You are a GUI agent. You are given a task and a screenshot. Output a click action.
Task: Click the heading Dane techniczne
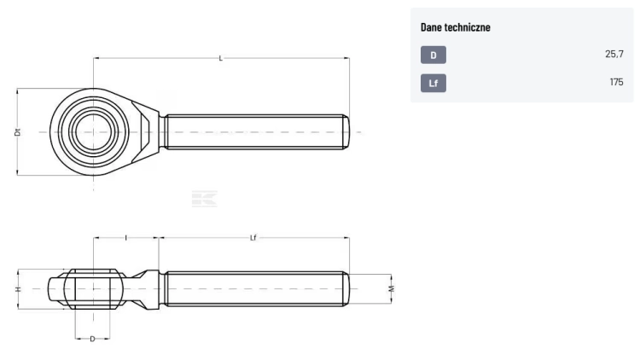coord(455,27)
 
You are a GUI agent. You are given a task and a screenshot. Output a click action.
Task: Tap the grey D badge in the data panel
coord(433,55)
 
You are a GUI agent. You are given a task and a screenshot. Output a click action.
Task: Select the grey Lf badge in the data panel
coord(433,83)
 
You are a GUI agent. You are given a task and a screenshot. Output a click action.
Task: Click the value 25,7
coord(614,54)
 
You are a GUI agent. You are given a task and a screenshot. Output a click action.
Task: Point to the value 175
coord(616,82)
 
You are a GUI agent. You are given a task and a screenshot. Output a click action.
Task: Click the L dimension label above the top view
coord(221,58)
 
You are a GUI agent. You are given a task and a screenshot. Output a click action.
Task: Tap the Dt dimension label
coord(17,132)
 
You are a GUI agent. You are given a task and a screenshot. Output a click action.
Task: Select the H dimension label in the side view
coord(18,289)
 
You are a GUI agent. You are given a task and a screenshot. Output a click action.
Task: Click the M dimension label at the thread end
coord(392,289)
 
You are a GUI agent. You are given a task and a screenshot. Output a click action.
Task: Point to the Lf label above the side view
coord(253,237)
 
